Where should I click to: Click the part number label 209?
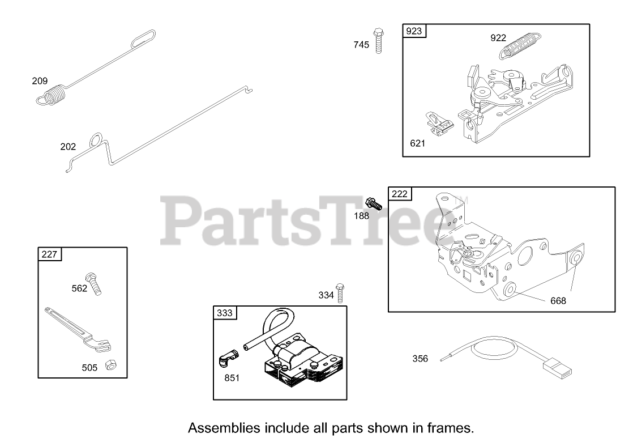[x=40, y=81]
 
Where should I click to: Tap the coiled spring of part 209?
[x=55, y=95]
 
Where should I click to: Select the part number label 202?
[x=68, y=147]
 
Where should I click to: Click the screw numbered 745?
[x=378, y=40]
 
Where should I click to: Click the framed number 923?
[x=414, y=31]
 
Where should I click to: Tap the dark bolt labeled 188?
[x=374, y=203]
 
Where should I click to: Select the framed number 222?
[x=399, y=194]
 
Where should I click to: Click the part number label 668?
[x=558, y=301]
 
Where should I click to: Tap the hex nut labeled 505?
[x=112, y=365]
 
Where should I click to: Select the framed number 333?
[x=224, y=313]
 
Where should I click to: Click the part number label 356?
[x=420, y=359]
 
